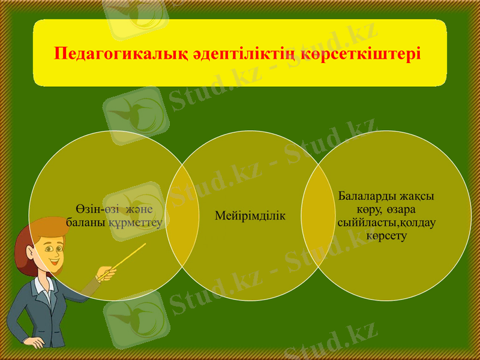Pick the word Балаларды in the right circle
(365, 196)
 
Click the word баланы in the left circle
(86, 222)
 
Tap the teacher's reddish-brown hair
(27, 243)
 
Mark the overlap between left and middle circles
(182, 215)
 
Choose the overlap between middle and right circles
(318, 215)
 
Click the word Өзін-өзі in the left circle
(97, 209)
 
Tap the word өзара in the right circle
(401, 209)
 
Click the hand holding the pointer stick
(107, 274)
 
